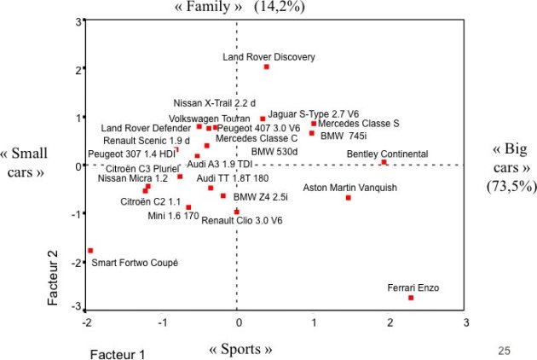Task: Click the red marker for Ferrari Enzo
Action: pos(411,298)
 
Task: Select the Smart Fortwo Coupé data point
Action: pos(90,251)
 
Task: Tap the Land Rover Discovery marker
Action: pos(267,67)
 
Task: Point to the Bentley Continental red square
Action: pos(384,162)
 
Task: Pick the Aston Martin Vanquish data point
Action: pos(349,198)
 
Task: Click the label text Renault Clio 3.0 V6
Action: pos(242,220)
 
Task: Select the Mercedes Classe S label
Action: pos(359,123)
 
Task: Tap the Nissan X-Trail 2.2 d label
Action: pos(214,102)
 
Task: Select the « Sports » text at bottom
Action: pos(240,350)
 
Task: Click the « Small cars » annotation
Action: pos(24,162)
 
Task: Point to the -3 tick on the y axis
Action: pos(77,307)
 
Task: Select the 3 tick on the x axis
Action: pos(465,322)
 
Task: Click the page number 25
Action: pos(503,350)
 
